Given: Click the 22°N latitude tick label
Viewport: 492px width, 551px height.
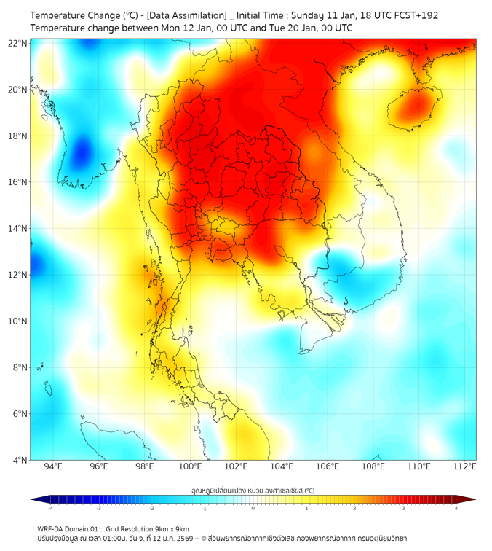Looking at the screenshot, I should coord(18,43).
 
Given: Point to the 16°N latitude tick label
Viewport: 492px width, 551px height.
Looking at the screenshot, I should coord(18,182).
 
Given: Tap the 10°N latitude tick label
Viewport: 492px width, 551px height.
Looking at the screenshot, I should coord(18,321).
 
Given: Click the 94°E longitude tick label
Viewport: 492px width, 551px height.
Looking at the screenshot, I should coord(53,467).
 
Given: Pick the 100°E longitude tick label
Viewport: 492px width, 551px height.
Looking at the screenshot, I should coord(191,467).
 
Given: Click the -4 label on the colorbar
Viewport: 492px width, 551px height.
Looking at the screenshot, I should coord(50,508).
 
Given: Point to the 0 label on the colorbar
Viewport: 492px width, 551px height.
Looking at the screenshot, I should coord(253,508).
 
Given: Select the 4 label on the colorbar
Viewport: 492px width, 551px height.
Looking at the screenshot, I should coord(456,508).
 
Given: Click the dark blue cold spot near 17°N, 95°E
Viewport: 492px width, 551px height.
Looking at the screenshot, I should coord(81,152).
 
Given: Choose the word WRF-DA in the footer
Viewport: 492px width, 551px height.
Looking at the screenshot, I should coord(49,528).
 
